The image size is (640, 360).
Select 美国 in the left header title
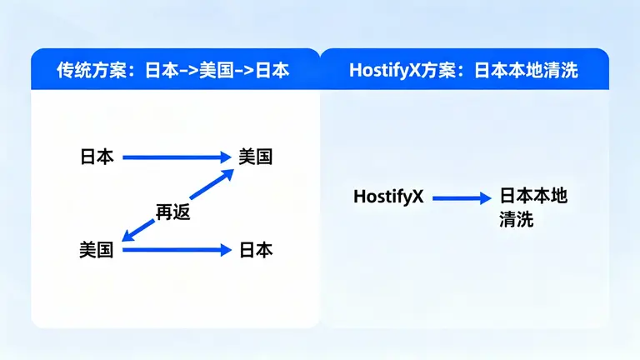pos(219,71)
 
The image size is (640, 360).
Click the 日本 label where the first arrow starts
pos(97,156)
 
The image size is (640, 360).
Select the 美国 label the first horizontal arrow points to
pos(255,156)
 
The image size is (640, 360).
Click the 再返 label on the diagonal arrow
pos(173,212)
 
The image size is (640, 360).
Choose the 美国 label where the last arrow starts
pos(97,249)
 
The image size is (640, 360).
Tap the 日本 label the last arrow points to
pos(255,249)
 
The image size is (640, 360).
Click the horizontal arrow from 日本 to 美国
pos(175,156)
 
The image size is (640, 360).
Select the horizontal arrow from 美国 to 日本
pos(175,249)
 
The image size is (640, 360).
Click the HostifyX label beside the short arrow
pos(389,197)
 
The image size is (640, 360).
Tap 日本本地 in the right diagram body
pos(533,197)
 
